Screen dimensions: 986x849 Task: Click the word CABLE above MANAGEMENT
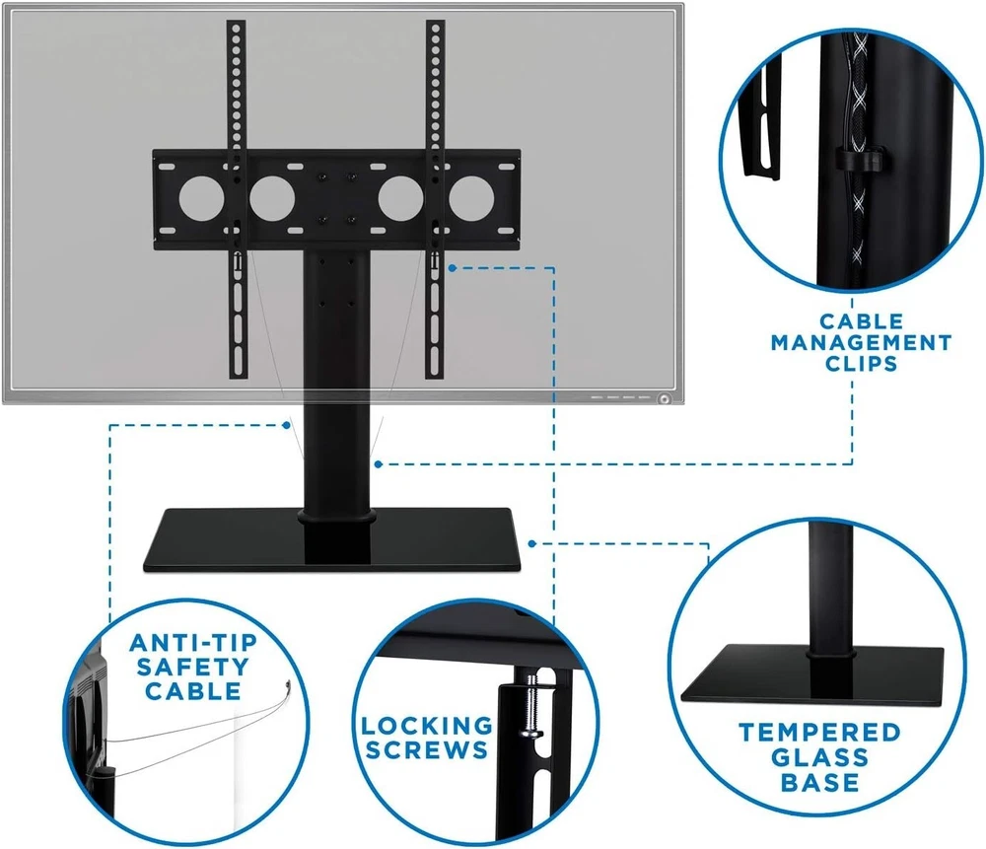click(x=861, y=321)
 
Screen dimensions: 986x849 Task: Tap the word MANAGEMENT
click(x=861, y=343)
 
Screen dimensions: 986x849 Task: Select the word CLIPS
click(x=861, y=364)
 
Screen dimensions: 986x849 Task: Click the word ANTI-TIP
click(x=193, y=643)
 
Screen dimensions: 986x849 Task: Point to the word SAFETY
click(x=193, y=667)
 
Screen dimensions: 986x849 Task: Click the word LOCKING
click(x=427, y=726)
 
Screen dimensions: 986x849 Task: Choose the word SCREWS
click(x=427, y=749)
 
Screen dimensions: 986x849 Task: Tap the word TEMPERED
click(x=820, y=733)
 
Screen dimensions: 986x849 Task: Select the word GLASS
click(x=820, y=757)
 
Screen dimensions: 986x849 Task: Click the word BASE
click(x=820, y=782)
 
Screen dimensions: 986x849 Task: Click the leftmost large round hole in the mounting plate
click(x=201, y=197)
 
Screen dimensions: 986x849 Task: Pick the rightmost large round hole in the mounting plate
click(x=471, y=197)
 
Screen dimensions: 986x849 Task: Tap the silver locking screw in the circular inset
click(x=529, y=708)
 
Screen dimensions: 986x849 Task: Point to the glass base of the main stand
click(x=332, y=539)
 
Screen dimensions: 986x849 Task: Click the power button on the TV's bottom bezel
click(x=664, y=398)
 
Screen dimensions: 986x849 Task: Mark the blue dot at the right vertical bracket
click(x=453, y=268)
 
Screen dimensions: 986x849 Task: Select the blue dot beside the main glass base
click(x=532, y=543)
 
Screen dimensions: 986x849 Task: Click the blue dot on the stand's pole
click(x=378, y=464)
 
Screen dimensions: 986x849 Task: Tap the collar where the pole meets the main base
click(x=336, y=517)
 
